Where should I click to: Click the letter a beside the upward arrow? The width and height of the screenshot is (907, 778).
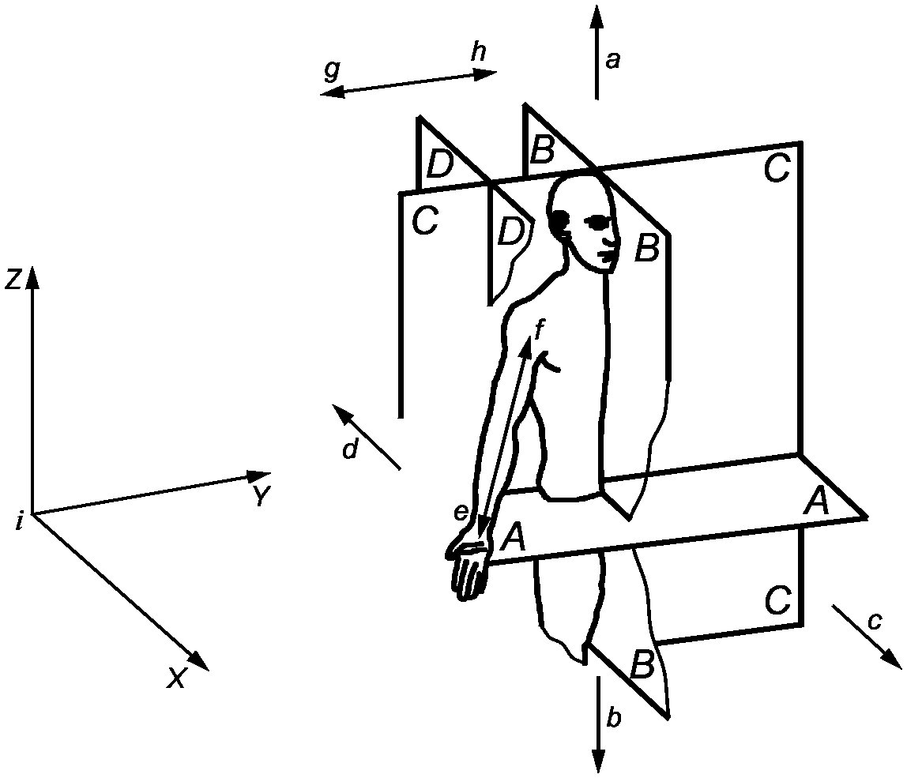tap(612, 60)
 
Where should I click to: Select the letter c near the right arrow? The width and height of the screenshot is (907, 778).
tap(875, 622)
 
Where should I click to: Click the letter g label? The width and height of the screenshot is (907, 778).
tap(332, 70)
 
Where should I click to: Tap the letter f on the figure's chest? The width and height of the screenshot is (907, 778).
tap(539, 330)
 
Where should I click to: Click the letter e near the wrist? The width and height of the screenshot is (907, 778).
tap(461, 513)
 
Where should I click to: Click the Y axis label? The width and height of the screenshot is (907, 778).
tap(262, 496)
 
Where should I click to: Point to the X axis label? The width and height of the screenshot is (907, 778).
tap(176, 677)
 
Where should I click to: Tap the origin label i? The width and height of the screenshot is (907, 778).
tap(20, 523)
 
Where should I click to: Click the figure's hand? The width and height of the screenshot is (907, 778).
tap(468, 569)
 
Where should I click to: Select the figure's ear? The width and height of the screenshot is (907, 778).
tap(560, 220)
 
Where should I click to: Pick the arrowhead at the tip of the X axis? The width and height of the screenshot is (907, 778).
tap(197, 660)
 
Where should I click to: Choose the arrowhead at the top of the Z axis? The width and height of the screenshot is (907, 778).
tap(32, 278)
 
